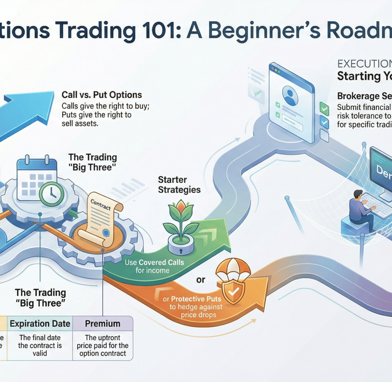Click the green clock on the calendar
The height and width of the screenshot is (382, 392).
[x=51, y=194]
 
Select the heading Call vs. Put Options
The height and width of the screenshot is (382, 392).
[x=102, y=95]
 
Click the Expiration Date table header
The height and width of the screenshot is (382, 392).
[x=40, y=323]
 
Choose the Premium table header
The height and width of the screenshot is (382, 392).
[x=103, y=323]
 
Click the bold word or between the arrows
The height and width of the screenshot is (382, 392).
[x=201, y=280]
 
